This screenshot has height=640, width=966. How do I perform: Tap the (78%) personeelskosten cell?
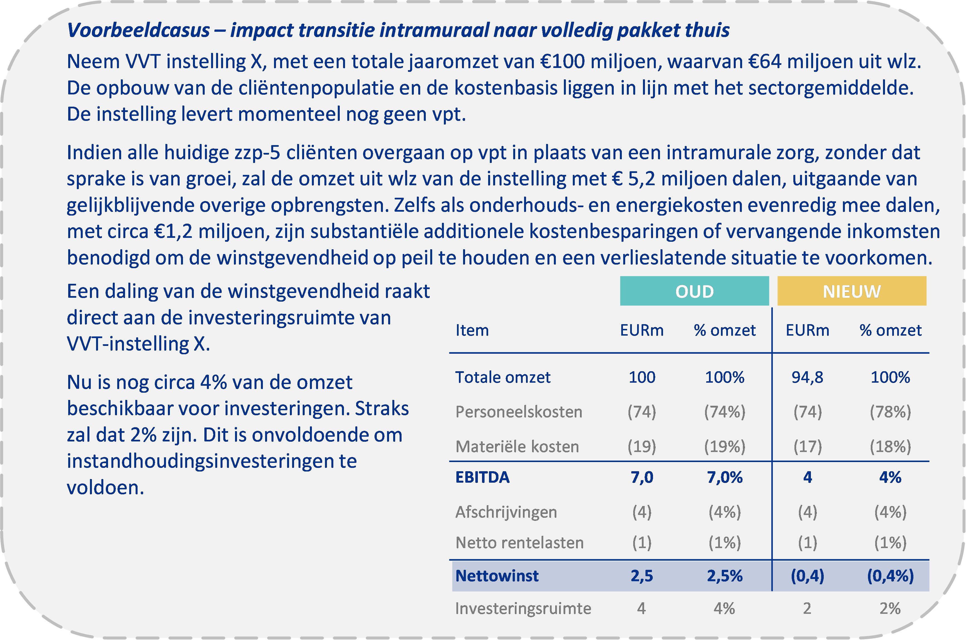[x=890, y=412]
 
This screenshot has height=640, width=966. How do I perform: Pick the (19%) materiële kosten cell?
[x=724, y=446]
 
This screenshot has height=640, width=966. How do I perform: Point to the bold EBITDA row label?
[x=482, y=477]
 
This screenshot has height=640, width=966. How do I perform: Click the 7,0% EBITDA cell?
[x=724, y=477]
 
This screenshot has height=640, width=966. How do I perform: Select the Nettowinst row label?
[x=497, y=576]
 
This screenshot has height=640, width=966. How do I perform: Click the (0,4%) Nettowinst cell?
[x=890, y=576]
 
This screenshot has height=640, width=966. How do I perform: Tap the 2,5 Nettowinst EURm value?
[x=642, y=576]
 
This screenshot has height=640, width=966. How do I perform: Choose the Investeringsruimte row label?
[x=523, y=609]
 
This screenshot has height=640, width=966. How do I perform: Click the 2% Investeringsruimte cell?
[x=890, y=609]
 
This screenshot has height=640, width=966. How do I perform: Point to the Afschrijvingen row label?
[x=506, y=512]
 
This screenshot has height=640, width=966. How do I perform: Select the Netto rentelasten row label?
[x=519, y=543]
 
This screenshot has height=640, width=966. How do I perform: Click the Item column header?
[x=472, y=330]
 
